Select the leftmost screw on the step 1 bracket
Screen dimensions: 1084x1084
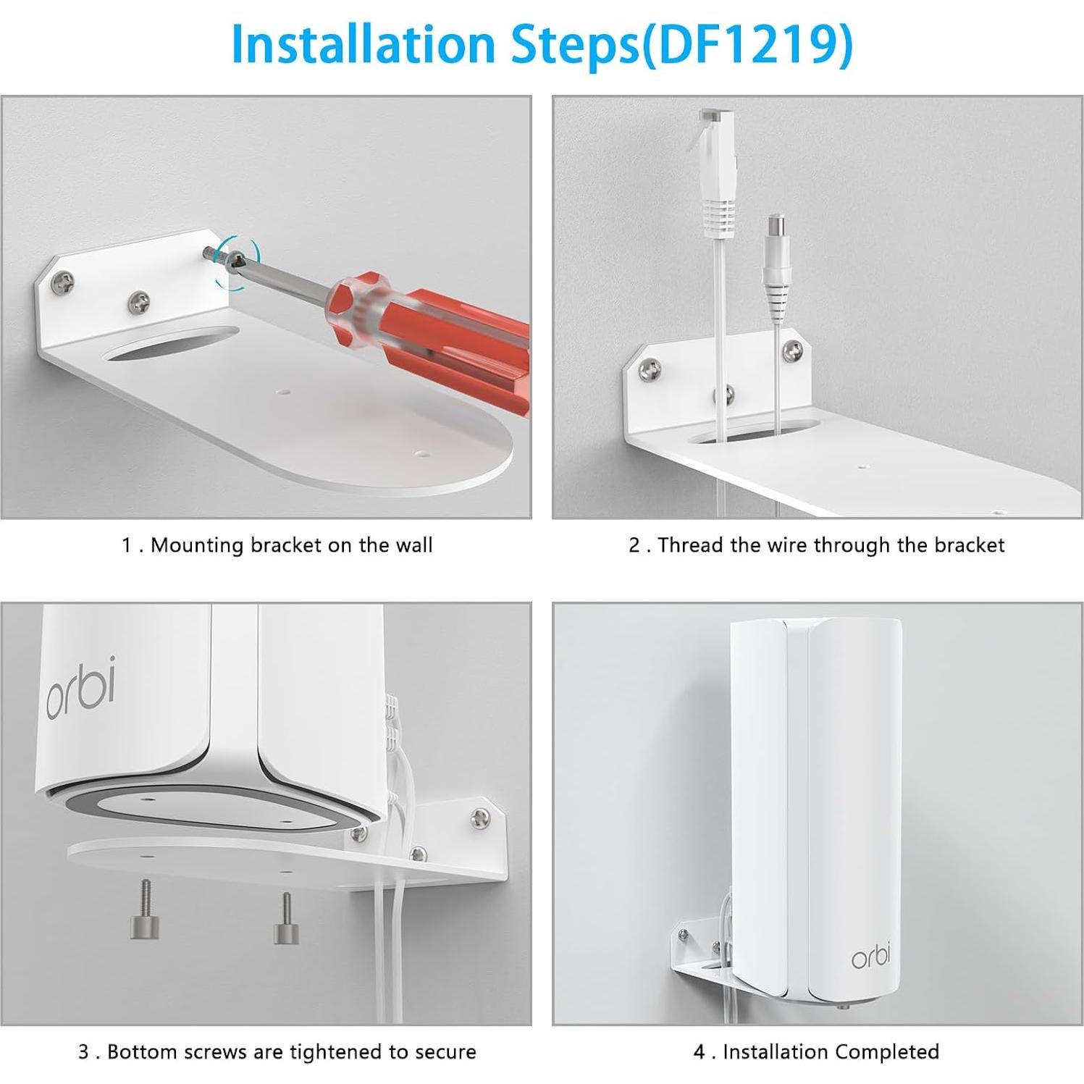(x=63, y=283)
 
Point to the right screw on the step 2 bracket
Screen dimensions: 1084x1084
(x=794, y=352)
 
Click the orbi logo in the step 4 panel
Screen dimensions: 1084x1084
(x=870, y=957)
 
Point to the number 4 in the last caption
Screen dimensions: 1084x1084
(x=699, y=1051)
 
